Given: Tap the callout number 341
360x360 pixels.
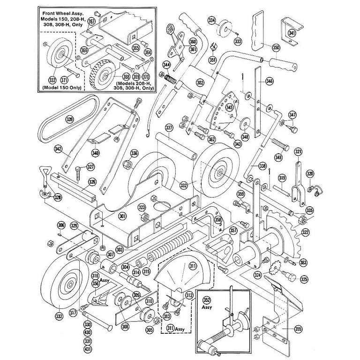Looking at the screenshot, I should pos(292,33).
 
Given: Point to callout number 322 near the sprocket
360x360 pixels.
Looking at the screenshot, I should pos(306,232).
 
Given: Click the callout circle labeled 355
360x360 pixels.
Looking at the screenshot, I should pos(298,330).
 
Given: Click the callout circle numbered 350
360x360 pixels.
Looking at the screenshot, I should pos(276,48).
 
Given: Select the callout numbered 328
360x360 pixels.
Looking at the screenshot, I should pos(58,197).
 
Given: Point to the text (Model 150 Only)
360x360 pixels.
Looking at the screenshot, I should pos(60,87).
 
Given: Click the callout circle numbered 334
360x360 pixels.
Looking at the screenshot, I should pos(212,21).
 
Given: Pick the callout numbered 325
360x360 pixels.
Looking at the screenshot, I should pos(304,279).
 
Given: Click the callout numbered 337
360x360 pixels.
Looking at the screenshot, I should pos(169,127).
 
